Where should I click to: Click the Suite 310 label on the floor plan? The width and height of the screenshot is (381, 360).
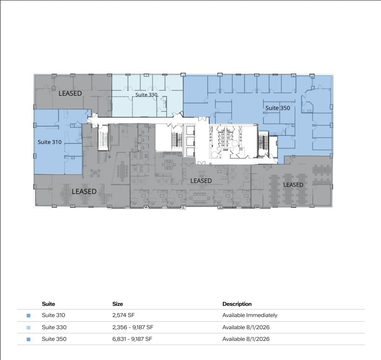[49, 142]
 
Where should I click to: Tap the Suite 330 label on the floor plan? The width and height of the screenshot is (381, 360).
[146, 95]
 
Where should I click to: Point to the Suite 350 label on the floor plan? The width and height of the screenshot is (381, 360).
[277, 108]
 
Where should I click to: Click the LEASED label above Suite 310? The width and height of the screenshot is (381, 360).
[70, 93]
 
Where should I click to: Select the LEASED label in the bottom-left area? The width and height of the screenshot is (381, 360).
[84, 191]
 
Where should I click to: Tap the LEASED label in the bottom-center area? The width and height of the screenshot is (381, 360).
[201, 181]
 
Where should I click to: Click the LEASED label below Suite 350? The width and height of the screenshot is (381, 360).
[293, 185]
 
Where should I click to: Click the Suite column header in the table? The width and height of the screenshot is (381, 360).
[48, 304]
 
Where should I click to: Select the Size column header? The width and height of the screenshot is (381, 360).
[118, 304]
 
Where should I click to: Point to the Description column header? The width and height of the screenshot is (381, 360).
[237, 304]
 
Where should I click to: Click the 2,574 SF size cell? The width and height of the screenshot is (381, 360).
[124, 315]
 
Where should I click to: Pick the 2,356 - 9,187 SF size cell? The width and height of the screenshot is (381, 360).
[132, 327]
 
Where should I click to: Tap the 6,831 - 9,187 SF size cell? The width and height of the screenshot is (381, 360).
[132, 339]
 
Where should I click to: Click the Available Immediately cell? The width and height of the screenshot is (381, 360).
[250, 315]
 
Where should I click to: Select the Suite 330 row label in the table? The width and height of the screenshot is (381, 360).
[54, 327]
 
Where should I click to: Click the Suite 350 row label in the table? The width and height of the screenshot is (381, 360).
[54, 339]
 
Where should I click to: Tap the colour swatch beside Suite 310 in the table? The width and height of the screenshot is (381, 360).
[28, 316]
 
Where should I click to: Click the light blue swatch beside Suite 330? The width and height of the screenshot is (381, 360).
[28, 328]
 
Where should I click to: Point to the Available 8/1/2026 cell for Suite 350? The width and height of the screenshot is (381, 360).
[246, 339]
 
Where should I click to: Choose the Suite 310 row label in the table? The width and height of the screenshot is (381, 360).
[54, 315]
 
